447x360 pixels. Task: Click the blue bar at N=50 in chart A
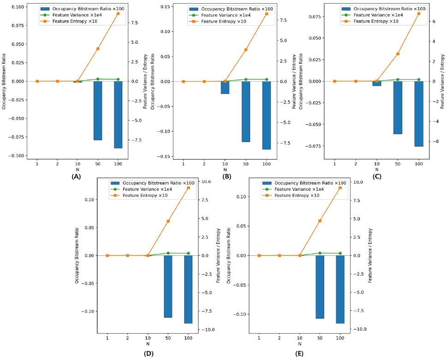tap(98, 111)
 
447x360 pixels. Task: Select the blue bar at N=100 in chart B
tap(266, 115)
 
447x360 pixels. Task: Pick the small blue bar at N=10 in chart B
tap(225, 88)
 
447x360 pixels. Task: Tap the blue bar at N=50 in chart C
tap(398, 107)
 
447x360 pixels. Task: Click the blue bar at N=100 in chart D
tap(188, 289)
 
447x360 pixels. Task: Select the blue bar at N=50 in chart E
tap(320, 287)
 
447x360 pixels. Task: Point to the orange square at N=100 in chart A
tap(118, 13)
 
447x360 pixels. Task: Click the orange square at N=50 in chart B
tap(246, 50)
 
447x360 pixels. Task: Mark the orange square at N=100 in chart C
tap(419, 13)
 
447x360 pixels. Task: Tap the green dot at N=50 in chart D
tap(168, 253)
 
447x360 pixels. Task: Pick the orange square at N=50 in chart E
tap(320, 221)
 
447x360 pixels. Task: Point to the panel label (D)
tap(149, 354)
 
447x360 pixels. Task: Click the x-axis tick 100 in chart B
tap(266, 165)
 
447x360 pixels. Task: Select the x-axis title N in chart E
tap(299, 343)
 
